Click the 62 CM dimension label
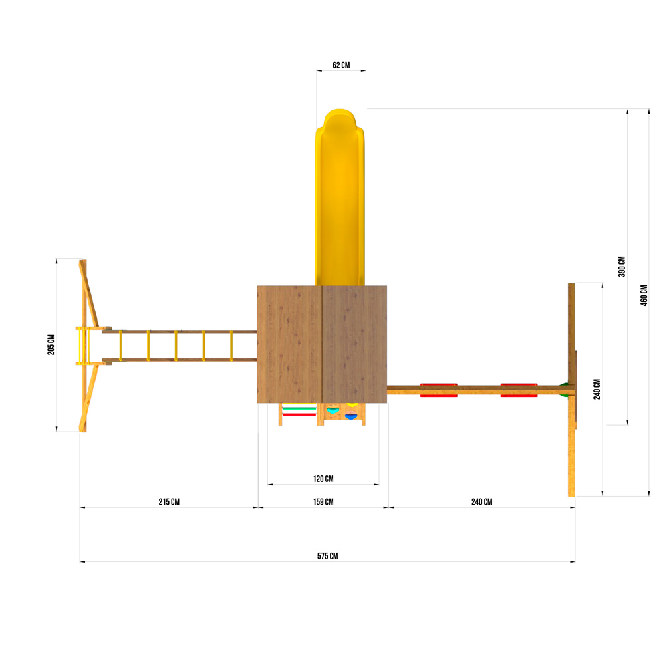coord(341,65)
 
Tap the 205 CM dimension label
coord(51,344)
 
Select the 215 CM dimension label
coord(169,501)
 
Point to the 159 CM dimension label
coord(323,501)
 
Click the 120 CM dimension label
coord(323,479)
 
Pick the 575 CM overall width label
coord(327,556)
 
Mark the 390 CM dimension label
coord(622,267)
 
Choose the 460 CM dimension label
coord(644,295)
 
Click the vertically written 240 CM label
coord(597,389)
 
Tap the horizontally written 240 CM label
coord(481,501)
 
